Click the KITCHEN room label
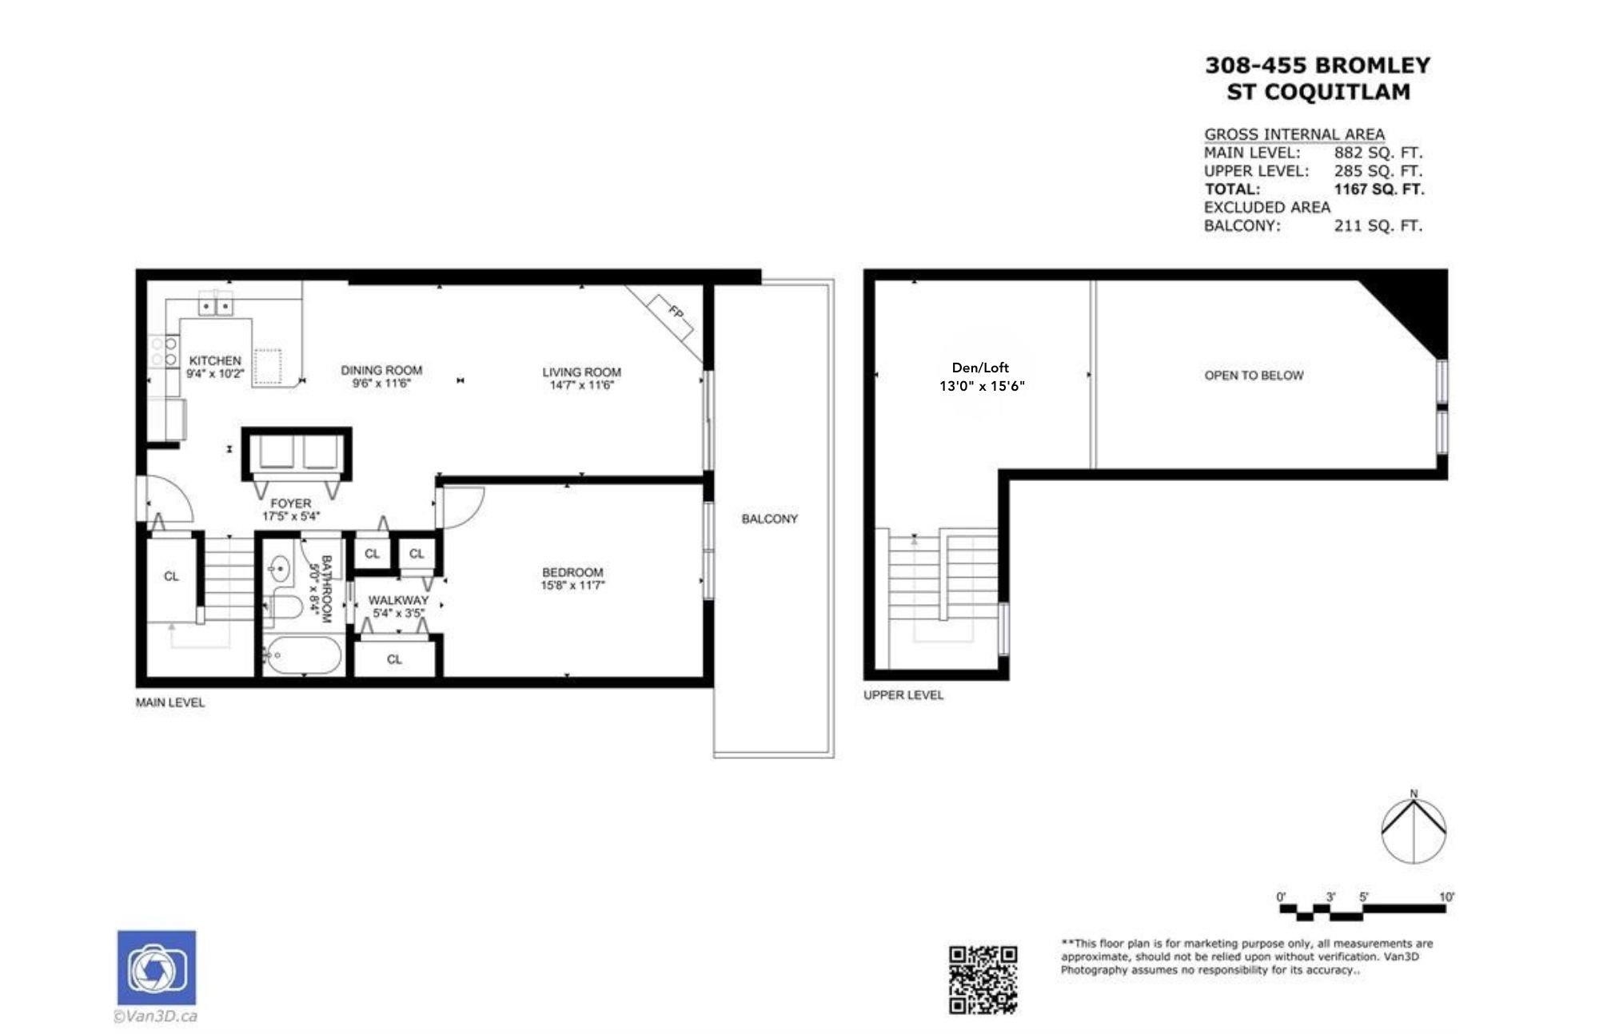pyautogui.click(x=215, y=361)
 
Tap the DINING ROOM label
pyautogui.click(x=381, y=371)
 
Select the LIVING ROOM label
pyautogui.click(x=581, y=372)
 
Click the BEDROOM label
pyautogui.click(x=572, y=572)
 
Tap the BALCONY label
pyautogui.click(x=769, y=519)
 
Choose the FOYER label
pyautogui.click(x=290, y=503)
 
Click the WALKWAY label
pyautogui.click(x=398, y=600)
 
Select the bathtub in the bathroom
pyautogui.click(x=303, y=655)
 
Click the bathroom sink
pyautogui.click(x=280, y=570)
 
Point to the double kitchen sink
pyautogui.click(x=216, y=305)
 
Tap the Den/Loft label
pyautogui.click(x=980, y=368)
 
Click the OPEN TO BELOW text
pyautogui.click(x=1254, y=376)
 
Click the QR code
pyautogui.click(x=983, y=980)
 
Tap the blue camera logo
pyautogui.click(x=157, y=968)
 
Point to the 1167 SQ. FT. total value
pyautogui.click(x=1379, y=189)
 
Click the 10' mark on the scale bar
pyautogui.click(x=1446, y=897)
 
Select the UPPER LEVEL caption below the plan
pyautogui.click(x=903, y=695)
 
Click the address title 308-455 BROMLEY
pyautogui.click(x=1318, y=66)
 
